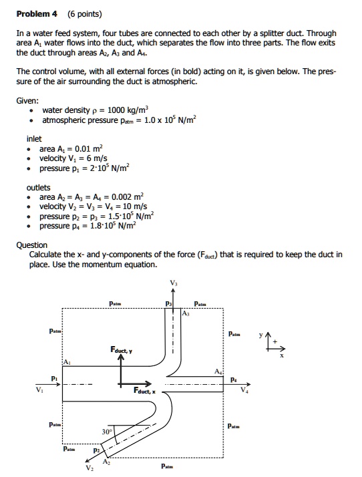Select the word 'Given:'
pyautogui.click(x=27, y=100)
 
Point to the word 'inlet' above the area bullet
pyautogui.click(x=35, y=138)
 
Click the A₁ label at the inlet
pyautogui.click(x=66, y=361)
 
